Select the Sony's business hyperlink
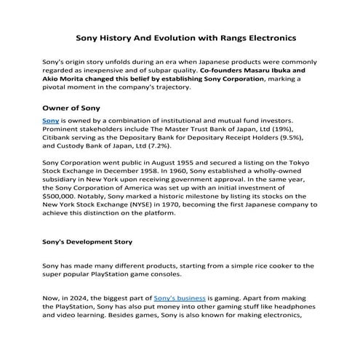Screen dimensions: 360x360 (x=180, y=298)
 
